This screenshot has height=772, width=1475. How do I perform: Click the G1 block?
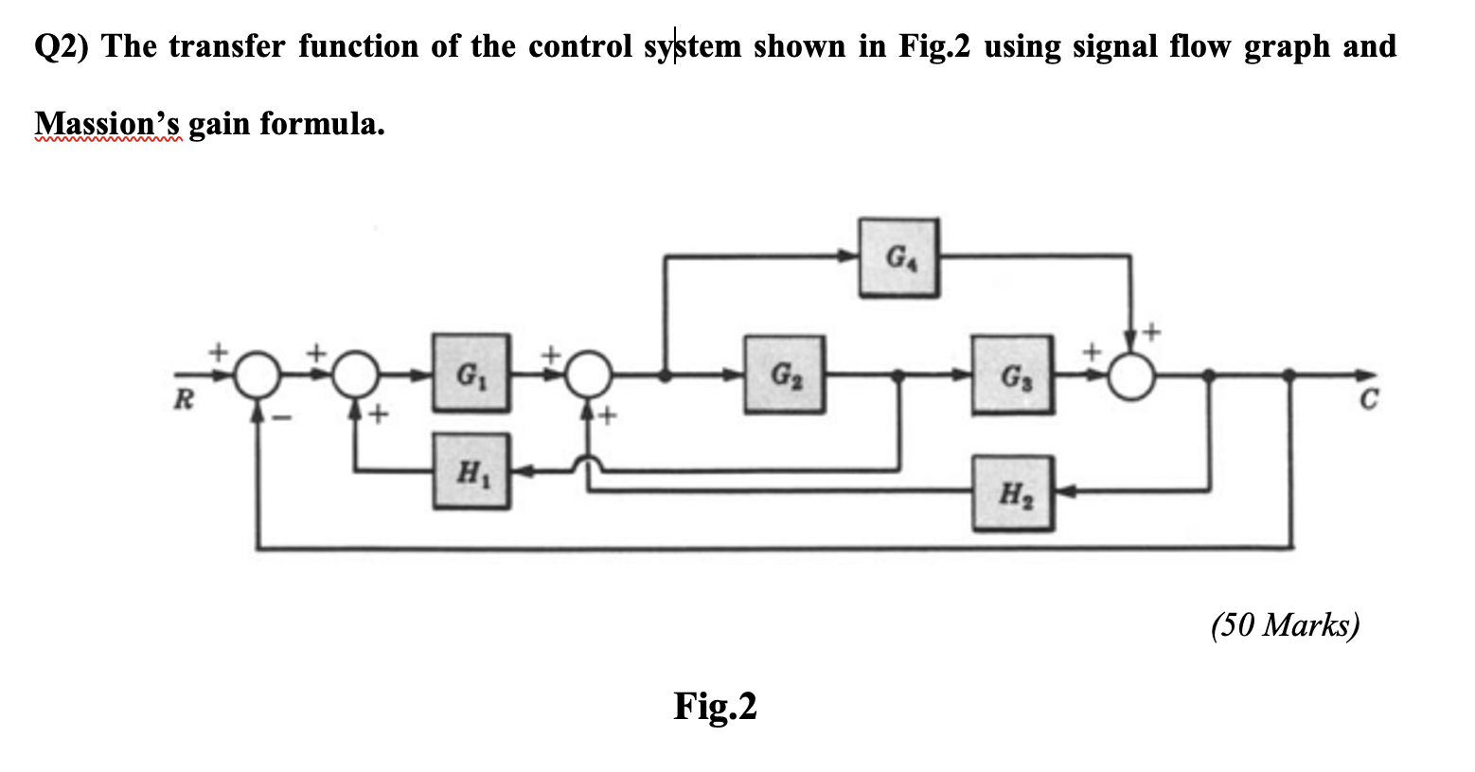point(471,372)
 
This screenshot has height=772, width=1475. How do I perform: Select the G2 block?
point(783,374)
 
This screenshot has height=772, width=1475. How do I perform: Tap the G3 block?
point(1011,375)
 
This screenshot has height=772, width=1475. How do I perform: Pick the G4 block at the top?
point(898,257)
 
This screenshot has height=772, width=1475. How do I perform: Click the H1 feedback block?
point(471,471)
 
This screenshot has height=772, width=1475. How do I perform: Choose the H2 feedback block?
point(1011,492)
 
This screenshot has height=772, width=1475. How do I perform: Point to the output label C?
point(1367,401)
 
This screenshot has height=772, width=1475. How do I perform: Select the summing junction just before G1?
point(355,377)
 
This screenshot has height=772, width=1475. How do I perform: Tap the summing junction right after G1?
point(589,377)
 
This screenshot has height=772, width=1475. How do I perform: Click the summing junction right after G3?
point(1131,377)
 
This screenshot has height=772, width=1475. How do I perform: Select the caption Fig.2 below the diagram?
point(715,706)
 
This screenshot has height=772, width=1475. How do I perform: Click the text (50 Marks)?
point(1285,625)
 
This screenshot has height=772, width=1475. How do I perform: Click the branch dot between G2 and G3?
point(899,377)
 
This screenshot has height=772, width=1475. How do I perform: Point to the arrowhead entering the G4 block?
point(849,255)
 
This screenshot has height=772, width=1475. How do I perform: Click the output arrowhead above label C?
point(1363,377)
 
